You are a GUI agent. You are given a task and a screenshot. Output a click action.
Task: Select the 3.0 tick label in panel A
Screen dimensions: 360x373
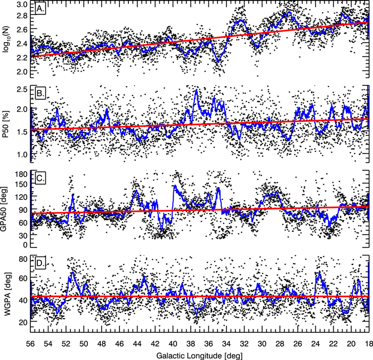pos(22,4)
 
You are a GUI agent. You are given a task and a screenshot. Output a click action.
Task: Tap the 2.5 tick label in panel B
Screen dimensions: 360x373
pos(22,89)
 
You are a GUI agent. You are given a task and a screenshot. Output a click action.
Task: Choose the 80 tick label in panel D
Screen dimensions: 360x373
pos(23,260)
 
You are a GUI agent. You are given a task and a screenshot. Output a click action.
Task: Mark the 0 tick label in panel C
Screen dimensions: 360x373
pos(26,245)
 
